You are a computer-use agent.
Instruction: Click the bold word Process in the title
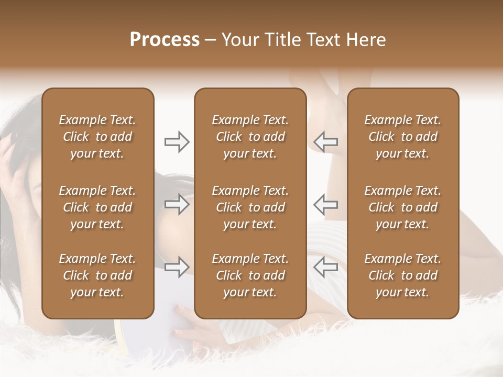[x=165, y=40]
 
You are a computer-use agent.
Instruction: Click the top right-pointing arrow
[x=177, y=142]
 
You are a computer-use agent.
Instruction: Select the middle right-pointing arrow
[x=177, y=204]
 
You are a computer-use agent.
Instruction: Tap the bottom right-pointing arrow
[x=177, y=267]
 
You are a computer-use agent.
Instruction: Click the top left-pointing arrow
[x=326, y=142]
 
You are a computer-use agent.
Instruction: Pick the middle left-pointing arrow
[x=326, y=204]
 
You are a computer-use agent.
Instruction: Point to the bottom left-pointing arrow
[x=326, y=267]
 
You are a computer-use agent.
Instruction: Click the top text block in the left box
[x=97, y=137]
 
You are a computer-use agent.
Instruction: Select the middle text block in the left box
[x=97, y=207]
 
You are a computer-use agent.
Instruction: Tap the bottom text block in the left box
[x=97, y=275]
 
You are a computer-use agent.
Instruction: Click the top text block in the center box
[x=250, y=137]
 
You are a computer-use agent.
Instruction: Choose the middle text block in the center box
[x=250, y=207]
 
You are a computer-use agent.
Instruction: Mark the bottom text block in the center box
[x=250, y=275]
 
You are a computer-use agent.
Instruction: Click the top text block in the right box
[x=402, y=137]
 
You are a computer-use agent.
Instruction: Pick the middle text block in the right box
[x=402, y=207]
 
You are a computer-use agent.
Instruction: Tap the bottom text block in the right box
[x=402, y=275]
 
